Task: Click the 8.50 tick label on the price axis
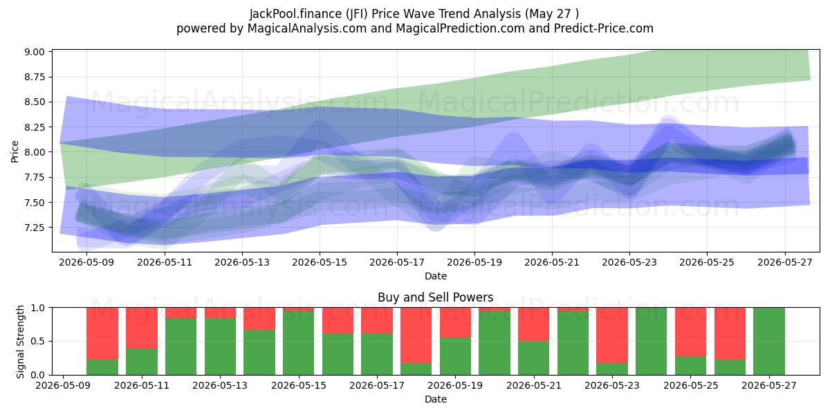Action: point(35,102)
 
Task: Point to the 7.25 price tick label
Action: point(35,228)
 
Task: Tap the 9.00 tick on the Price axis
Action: point(35,51)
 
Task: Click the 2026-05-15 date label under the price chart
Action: point(320,262)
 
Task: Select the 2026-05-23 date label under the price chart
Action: point(629,262)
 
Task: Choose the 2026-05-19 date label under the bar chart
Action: point(455,385)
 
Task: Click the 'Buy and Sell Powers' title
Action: point(435,297)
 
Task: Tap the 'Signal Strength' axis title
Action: point(20,342)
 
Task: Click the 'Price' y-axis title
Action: point(15,151)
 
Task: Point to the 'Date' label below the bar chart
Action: point(436,399)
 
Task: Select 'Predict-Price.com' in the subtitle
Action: point(604,28)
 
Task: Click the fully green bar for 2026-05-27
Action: point(769,341)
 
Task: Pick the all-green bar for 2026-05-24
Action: point(651,341)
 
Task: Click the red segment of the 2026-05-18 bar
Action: point(416,335)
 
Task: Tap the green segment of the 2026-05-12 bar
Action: point(181,347)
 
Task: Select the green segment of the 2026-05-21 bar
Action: point(533,358)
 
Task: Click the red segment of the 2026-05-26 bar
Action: point(730,333)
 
